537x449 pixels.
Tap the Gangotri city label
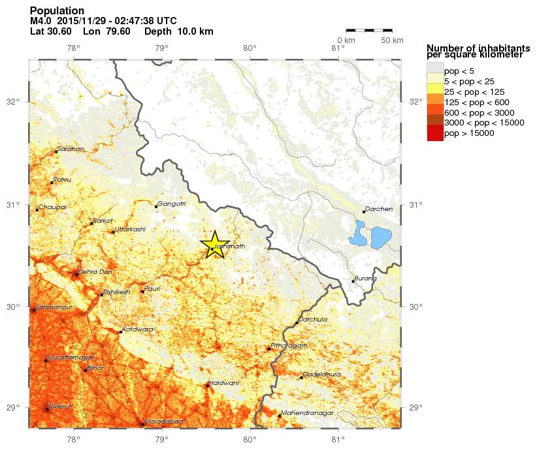(x=172, y=204)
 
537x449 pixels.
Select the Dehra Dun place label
(x=95, y=271)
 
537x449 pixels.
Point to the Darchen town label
(x=380, y=209)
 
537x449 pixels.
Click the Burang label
(x=366, y=278)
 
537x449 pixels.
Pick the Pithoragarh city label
(x=289, y=346)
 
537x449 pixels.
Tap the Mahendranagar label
(x=307, y=413)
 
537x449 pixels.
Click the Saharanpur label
(x=54, y=307)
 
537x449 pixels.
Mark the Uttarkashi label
(x=130, y=229)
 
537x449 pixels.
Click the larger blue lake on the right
(x=380, y=237)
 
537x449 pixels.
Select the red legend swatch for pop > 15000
(x=434, y=133)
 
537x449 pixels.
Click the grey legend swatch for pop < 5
(x=434, y=70)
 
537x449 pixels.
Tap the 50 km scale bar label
(x=392, y=41)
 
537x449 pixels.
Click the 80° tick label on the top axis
(x=250, y=47)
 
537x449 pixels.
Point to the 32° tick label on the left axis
(x=12, y=102)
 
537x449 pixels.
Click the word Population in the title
(x=57, y=11)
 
